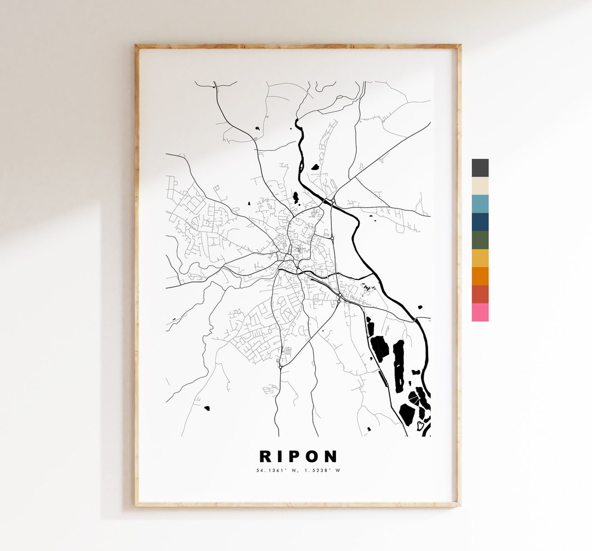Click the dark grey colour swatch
click(480, 168)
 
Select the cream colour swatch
click(480, 186)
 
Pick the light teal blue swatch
click(480, 204)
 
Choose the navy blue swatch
click(480, 222)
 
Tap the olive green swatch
click(480, 240)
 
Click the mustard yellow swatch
click(480, 258)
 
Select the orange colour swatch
click(480, 277)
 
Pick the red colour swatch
click(480, 295)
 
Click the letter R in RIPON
click(265, 456)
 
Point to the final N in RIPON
click(331, 456)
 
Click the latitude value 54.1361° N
click(277, 470)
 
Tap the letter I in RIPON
click(280, 456)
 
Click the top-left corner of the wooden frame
click(136, 46)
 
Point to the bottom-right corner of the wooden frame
click(460, 505)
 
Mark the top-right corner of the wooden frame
click(460, 46)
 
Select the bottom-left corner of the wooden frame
click(136, 505)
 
